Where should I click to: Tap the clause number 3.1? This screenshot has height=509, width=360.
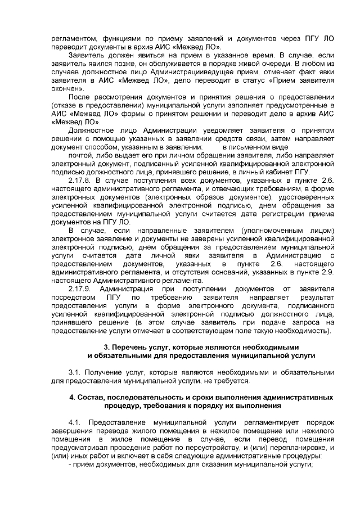point(75,372)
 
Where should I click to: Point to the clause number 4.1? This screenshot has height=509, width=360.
point(75,422)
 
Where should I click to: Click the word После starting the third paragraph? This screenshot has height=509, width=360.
point(79,97)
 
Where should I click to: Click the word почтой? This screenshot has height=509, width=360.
point(80,155)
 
